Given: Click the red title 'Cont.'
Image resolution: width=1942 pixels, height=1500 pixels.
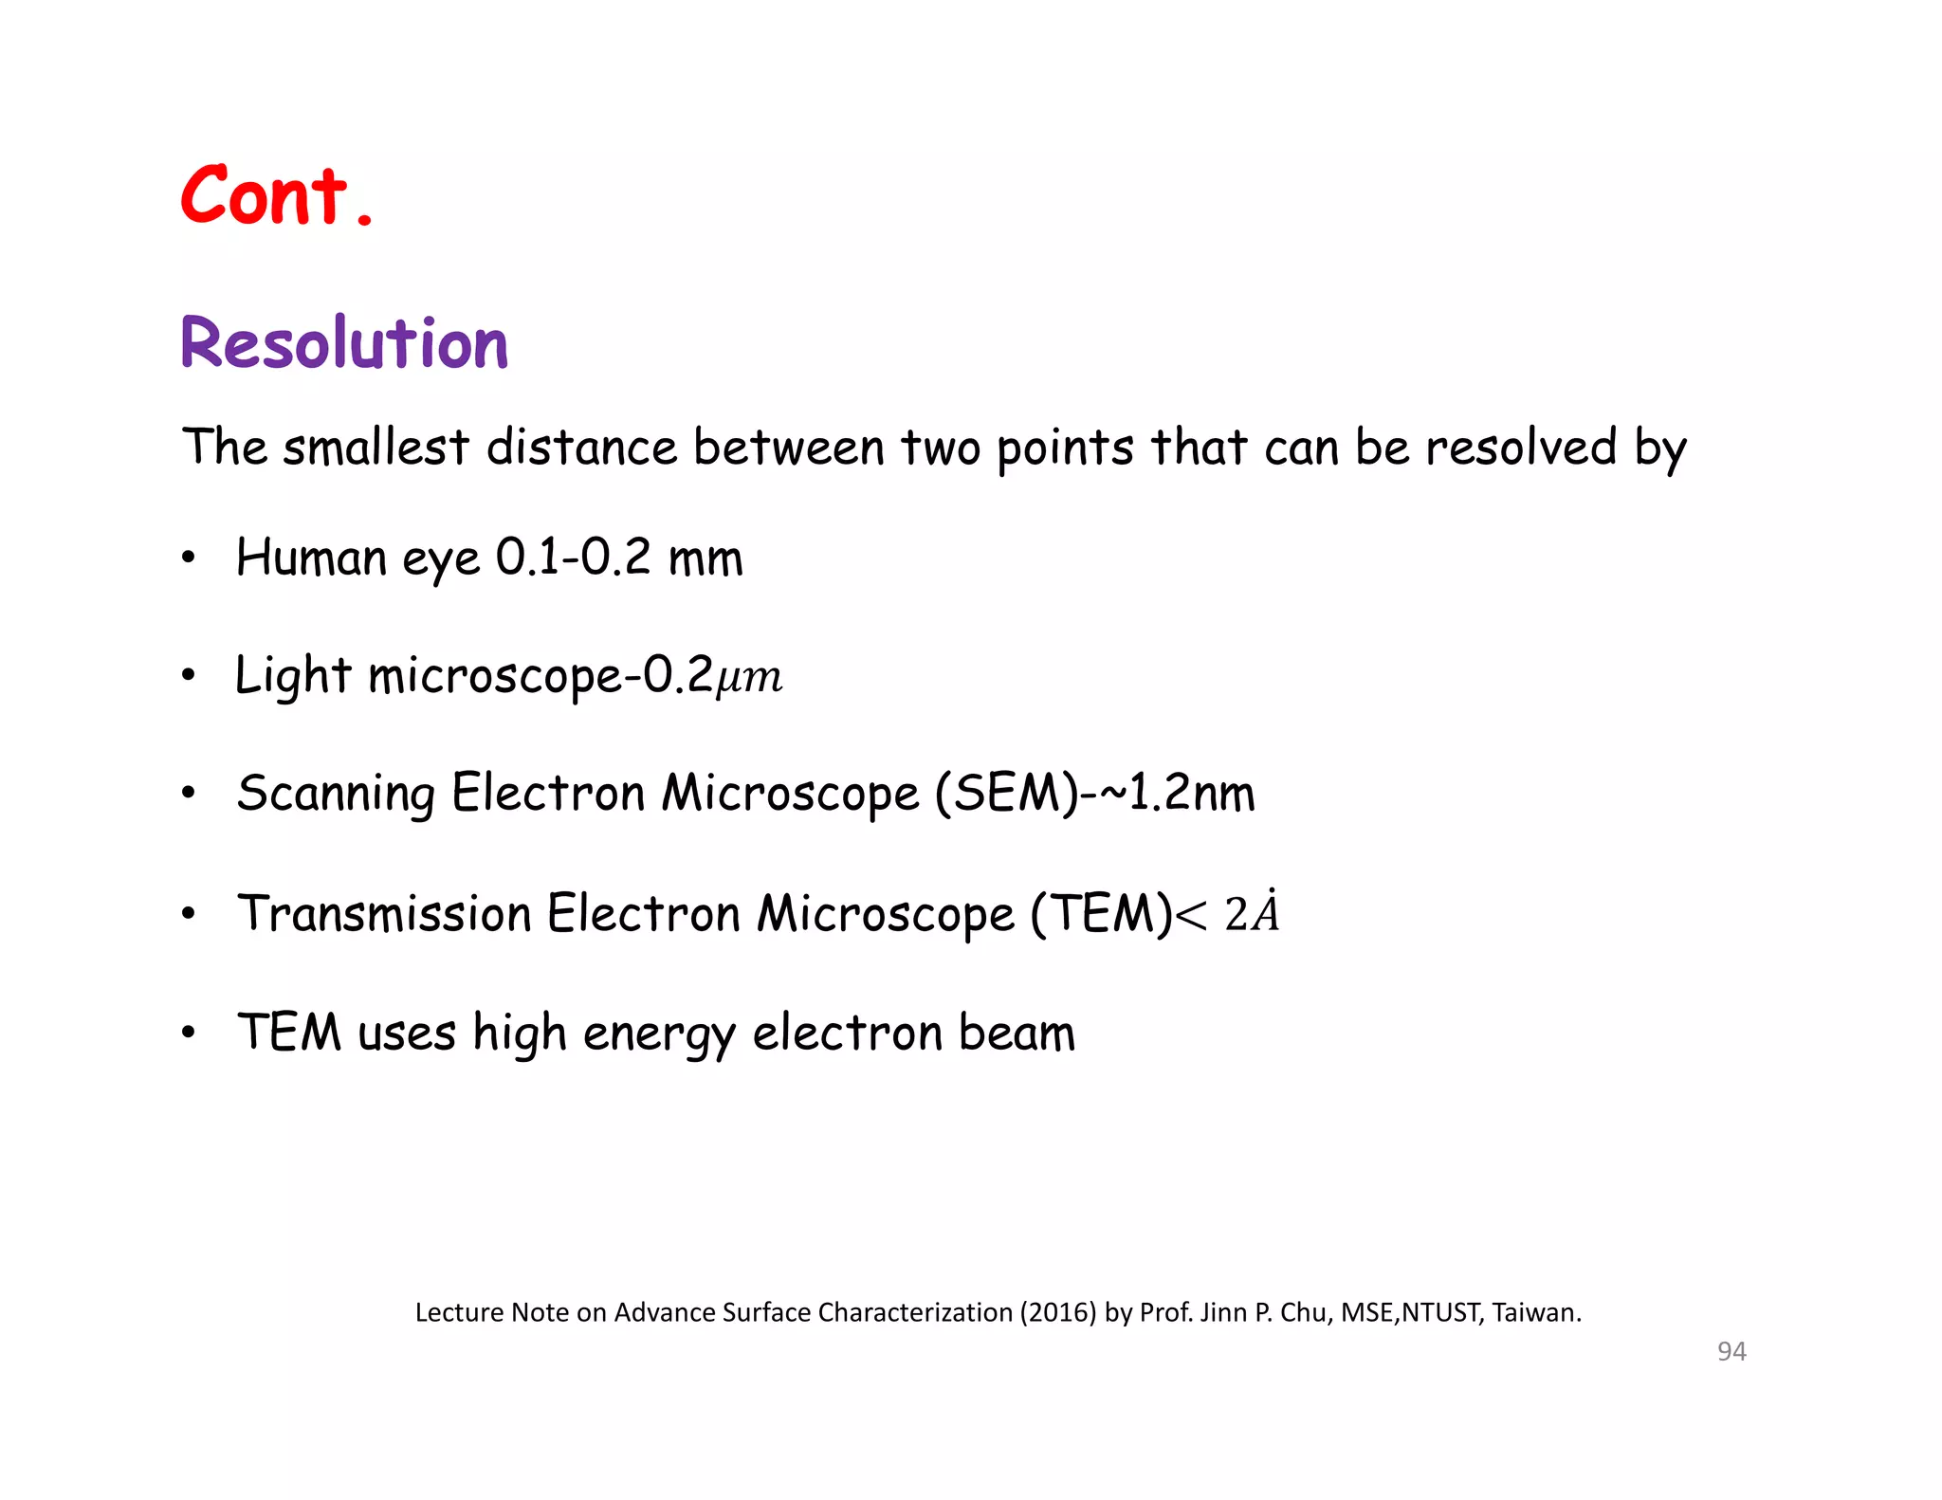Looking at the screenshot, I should point(276,196).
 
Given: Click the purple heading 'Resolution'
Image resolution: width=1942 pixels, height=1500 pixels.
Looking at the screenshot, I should point(344,343).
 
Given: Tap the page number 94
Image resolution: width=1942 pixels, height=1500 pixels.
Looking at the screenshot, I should point(1731,1351).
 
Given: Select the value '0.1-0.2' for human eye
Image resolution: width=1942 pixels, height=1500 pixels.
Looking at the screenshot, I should point(573,557).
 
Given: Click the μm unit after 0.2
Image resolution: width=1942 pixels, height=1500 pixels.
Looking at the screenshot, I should point(749,678).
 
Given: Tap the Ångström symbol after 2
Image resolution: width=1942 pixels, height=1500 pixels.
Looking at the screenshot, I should point(1265,912).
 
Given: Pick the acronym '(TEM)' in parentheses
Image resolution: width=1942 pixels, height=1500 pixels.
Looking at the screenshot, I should point(1102,914).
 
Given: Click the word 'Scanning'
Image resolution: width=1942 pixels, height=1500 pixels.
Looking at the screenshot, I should point(336,795).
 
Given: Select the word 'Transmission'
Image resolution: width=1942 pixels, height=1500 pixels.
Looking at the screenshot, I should point(383,914).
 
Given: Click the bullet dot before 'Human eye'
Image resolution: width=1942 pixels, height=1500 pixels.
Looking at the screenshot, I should point(189,558).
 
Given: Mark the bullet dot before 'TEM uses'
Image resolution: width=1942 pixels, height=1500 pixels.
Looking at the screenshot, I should point(189,1033).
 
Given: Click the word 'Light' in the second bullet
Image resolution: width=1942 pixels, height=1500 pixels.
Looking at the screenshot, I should point(293,677).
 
